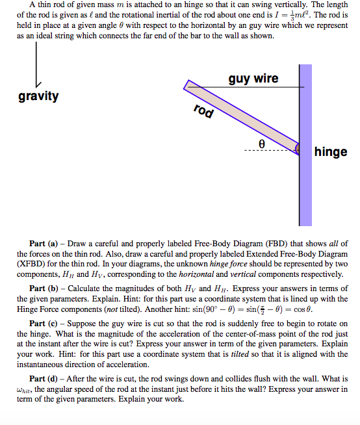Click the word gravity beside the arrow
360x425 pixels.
point(38,97)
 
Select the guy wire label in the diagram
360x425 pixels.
point(253,79)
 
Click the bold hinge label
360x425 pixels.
point(330,152)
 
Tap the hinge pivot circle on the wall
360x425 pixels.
point(300,149)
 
